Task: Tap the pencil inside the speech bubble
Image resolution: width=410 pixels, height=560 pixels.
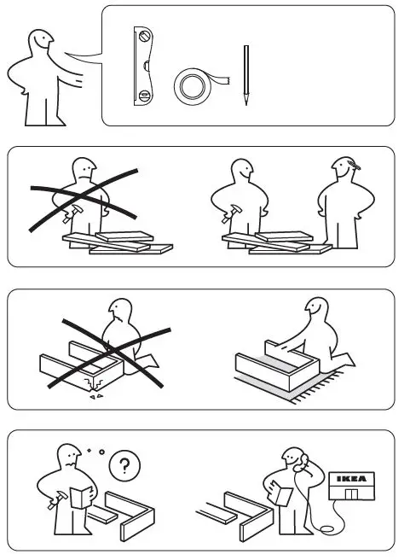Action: point(245,75)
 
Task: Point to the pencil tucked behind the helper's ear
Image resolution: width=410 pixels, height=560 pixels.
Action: point(350,161)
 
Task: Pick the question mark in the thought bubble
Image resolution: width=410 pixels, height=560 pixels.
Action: point(125,465)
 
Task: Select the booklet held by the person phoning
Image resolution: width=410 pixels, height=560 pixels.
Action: point(282,494)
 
